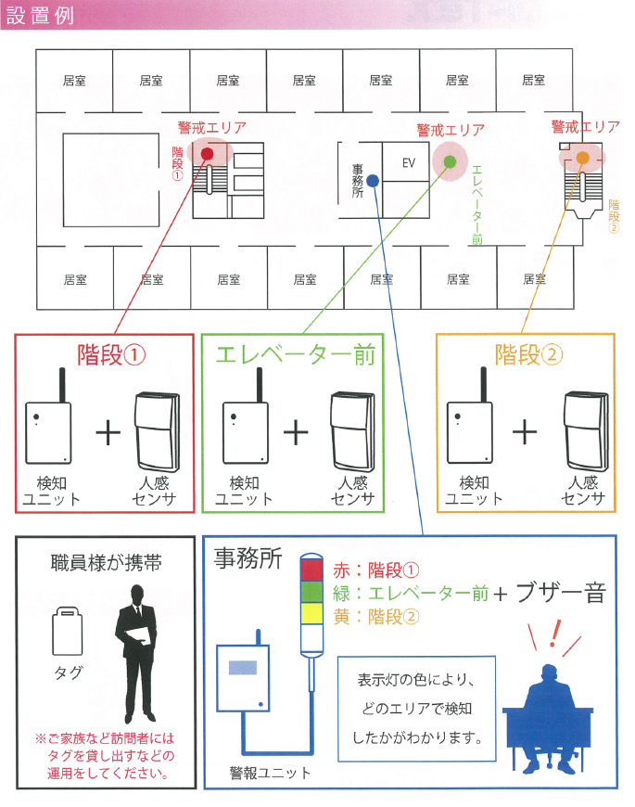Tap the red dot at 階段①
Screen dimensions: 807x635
click(x=208, y=154)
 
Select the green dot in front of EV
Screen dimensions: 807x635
click(x=450, y=161)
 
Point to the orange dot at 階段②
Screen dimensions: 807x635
click(x=582, y=158)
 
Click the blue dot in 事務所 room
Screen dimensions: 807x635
click(x=372, y=180)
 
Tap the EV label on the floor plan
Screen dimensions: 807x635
click(x=409, y=163)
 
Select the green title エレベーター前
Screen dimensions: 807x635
click(x=295, y=355)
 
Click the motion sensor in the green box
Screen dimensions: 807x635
click(x=353, y=431)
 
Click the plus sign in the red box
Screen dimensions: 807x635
click(x=108, y=433)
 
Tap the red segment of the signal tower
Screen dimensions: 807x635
click(x=311, y=570)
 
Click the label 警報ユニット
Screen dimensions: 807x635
click(x=271, y=773)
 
